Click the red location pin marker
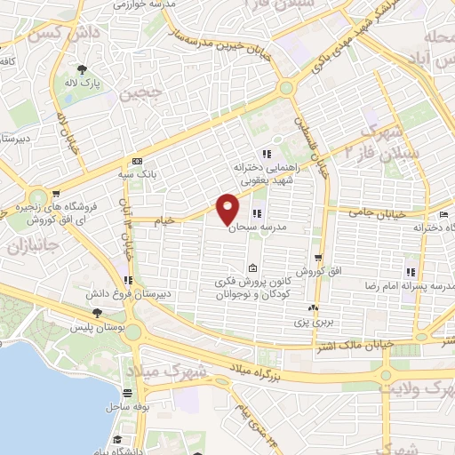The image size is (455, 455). tap(228, 208)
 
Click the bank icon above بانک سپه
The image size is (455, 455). tap(136, 161)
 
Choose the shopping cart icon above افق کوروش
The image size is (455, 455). tap(317, 259)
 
